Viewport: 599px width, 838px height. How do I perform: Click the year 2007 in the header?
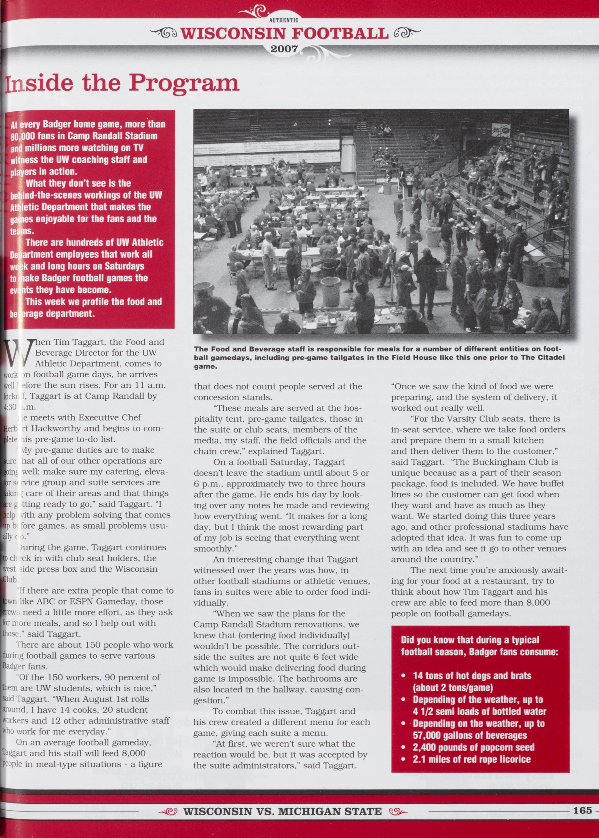tap(284, 49)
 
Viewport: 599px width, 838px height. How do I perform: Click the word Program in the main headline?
tap(185, 83)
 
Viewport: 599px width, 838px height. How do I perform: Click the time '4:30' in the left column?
tap(10, 407)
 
